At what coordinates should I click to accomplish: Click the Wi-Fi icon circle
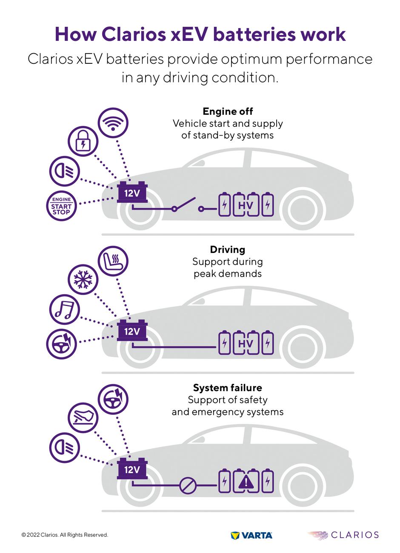click(113, 122)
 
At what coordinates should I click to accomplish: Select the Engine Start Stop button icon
click(61, 206)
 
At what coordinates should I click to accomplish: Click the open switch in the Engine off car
click(188, 204)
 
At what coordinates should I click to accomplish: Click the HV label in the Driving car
click(246, 343)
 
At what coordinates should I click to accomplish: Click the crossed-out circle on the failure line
click(187, 485)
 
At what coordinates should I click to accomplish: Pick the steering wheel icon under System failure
click(113, 399)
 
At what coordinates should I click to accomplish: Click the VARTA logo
click(251, 535)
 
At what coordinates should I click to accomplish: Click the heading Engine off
click(228, 111)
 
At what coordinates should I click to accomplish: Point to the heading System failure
click(227, 388)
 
